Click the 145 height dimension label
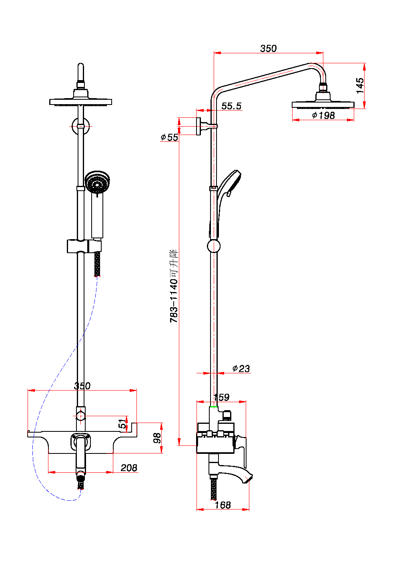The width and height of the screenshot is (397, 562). (360, 86)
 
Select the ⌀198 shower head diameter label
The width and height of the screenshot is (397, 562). (323, 115)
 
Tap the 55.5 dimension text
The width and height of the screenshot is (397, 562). (231, 106)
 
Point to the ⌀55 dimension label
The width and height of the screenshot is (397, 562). (169, 137)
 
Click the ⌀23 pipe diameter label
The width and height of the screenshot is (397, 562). (241, 369)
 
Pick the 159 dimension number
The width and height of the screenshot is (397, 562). (222, 397)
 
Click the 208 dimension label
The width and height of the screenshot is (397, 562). (129, 468)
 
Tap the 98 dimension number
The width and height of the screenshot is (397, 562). (157, 438)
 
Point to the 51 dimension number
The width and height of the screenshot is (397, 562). (122, 424)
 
